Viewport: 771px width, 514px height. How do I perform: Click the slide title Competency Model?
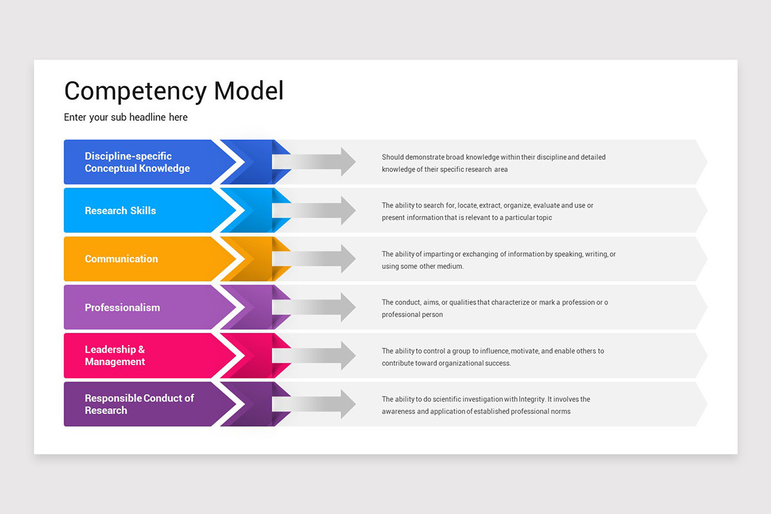pos(173,91)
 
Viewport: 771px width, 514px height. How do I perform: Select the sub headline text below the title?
pos(125,118)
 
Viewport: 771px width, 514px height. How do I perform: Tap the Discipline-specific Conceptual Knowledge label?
pos(137,162)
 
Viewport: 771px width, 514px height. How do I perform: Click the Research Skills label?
pos(120,211)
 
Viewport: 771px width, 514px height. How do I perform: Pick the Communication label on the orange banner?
pos(121,259)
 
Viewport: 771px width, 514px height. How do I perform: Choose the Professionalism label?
pos(122,308)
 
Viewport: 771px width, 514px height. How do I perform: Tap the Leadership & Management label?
pos(114,356)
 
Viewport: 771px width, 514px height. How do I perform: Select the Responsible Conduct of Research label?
pos(139,404)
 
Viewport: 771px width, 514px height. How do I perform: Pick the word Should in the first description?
pos(393,157)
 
